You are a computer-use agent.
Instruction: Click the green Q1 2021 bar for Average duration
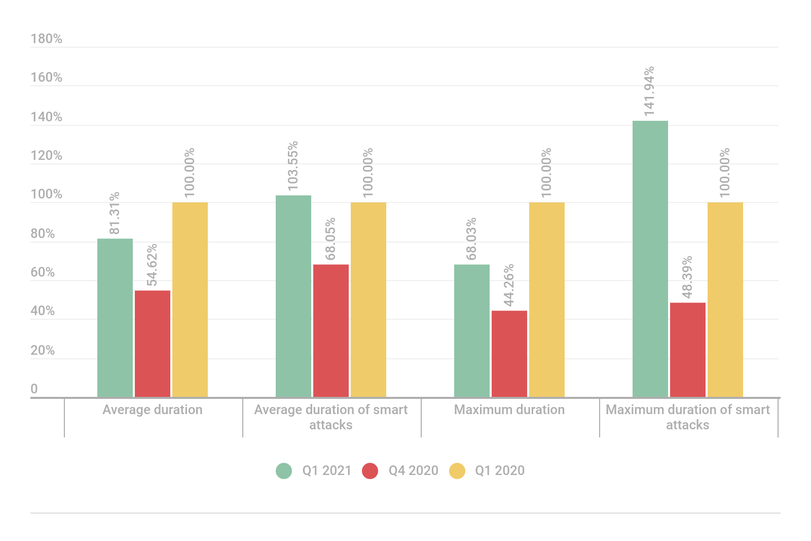[x=115, y=318]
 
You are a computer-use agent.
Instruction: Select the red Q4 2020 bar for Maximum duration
[x=509, y=354]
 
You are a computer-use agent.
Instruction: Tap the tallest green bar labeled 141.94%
[x=650, y=259]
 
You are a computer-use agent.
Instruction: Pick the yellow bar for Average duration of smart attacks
[x=368, y=299]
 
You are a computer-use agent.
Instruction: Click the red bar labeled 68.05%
[x=331, y=330]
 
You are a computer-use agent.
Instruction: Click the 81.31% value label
[x=115, y=213]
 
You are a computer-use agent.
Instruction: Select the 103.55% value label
[x=293, y=166]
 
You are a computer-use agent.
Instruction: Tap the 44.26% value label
[x=509, y=285]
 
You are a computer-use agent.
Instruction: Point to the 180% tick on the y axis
[x=46, y=39]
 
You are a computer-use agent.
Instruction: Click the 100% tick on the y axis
[x=46, y=194]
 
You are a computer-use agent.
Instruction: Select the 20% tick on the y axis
[x=43, y=350]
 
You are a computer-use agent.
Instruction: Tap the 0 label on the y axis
[x=34, y=389]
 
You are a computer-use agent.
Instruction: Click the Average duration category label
[x=153, y=410]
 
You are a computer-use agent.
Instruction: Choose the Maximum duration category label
[x=509, y=410]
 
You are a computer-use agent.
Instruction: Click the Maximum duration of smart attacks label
[x=688, y=417]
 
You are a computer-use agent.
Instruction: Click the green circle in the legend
[x=284, y=471]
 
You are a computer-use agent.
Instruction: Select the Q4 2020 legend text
[x=413, y=470]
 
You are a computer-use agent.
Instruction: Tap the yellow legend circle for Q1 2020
[x=457, y=471]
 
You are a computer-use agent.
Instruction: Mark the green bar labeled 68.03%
[x=472, y=330]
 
